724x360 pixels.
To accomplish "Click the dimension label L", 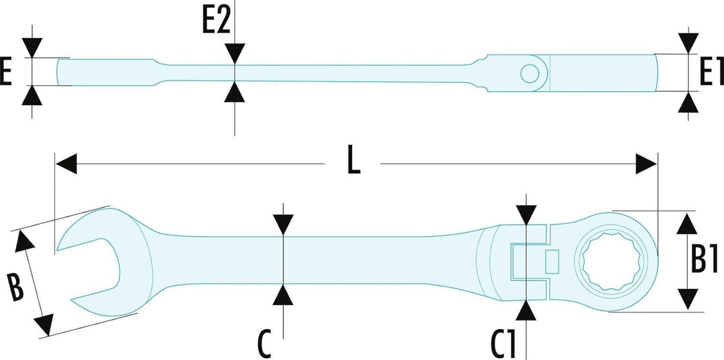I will pos(353,163).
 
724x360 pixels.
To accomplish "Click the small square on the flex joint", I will pos(552,261).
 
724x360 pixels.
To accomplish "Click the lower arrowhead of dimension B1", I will pos(685,298).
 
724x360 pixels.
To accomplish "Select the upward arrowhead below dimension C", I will pos(283,294).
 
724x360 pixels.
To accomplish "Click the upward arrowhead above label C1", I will pos(527,310).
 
